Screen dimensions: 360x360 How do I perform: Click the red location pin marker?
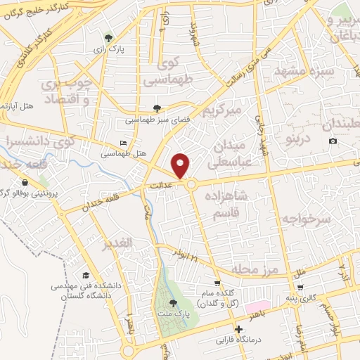coord(181,165)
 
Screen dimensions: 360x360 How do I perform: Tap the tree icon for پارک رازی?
coord(108,38)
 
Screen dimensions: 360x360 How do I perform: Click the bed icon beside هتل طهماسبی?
coord(124,143)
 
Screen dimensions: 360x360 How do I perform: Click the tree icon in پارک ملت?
coord(174,302)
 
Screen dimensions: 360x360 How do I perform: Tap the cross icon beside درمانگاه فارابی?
coord(239,329)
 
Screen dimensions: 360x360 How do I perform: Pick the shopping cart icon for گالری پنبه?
coord(300,287)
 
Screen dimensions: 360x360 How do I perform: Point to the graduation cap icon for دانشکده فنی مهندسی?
coord(86,275)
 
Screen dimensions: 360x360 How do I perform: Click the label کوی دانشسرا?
coord(32,141)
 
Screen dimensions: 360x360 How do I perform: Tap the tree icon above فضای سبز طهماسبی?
coord(156,108)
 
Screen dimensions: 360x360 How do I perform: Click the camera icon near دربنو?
coord(333,141)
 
